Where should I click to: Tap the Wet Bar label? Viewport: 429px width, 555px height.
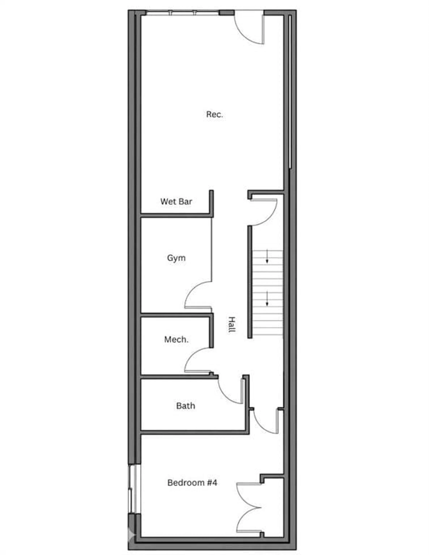coord(176,202)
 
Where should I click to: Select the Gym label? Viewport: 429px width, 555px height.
coord(176,258)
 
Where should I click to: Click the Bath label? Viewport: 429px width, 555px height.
coord(185,406)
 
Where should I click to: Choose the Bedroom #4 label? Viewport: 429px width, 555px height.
coord(192,483)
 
